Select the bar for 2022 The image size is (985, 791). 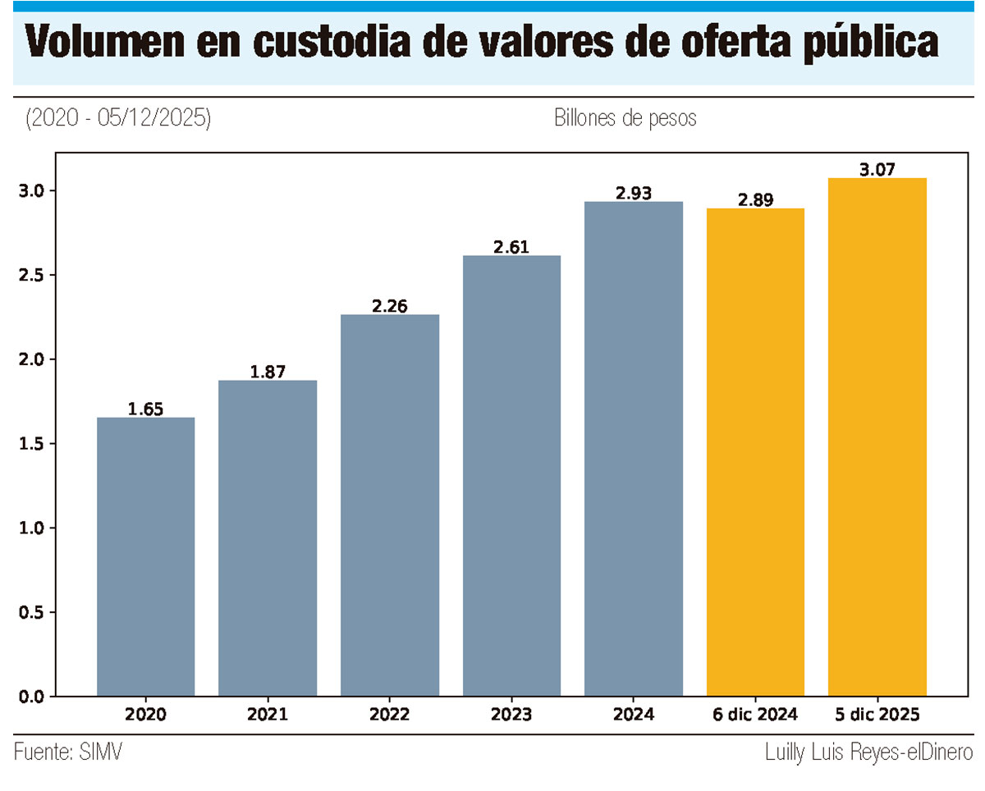(390, 505)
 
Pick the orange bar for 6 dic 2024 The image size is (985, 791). (755, 452)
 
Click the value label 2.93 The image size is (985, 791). (633, 193)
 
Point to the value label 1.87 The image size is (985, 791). (268, 372)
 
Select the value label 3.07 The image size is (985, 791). (877, 170)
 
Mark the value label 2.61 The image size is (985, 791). (511, 247)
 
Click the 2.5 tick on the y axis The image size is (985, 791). (31, 275)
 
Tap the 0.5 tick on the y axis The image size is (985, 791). (31, 612)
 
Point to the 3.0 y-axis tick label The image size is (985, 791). (31, 190)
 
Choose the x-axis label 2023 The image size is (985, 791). (511, 715)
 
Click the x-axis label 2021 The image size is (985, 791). (268, 715)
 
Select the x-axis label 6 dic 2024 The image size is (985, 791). (755, 715)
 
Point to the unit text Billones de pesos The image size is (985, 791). (625, 118)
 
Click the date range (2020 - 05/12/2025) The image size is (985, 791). (118, 118)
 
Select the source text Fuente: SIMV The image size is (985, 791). (68, 752)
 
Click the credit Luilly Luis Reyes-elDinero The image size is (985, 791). (868, 752)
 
